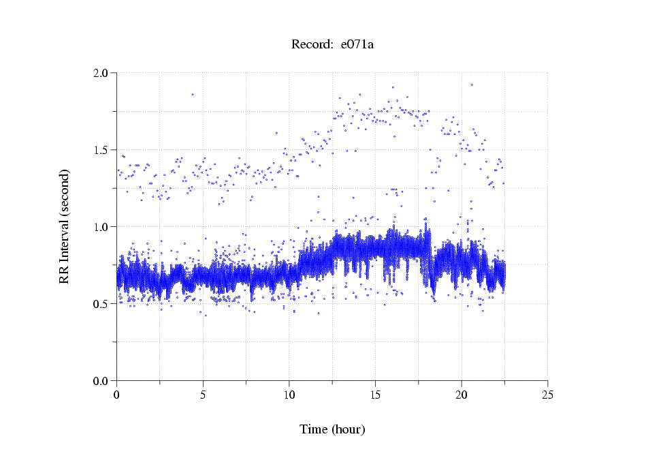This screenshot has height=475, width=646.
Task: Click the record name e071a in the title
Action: coord(357,45)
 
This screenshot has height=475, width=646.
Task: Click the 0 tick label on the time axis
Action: coord(117,394)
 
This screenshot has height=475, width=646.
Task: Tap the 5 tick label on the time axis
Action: coord(203,394)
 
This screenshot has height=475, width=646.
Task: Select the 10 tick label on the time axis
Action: coord(289,394)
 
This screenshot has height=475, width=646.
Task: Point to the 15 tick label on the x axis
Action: coord(375,394)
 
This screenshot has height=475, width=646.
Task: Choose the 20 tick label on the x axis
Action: coord(462,394)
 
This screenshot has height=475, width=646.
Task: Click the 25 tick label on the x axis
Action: coord(547,394)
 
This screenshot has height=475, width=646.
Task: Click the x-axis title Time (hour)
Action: coord(332,429)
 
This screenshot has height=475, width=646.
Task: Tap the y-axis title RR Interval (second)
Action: coord(65,226)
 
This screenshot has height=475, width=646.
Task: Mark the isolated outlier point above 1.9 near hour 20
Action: coord(472,85)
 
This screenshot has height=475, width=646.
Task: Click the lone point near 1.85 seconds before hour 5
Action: coord(193,95)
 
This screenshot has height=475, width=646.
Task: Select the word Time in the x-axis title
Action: coord(314,429)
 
